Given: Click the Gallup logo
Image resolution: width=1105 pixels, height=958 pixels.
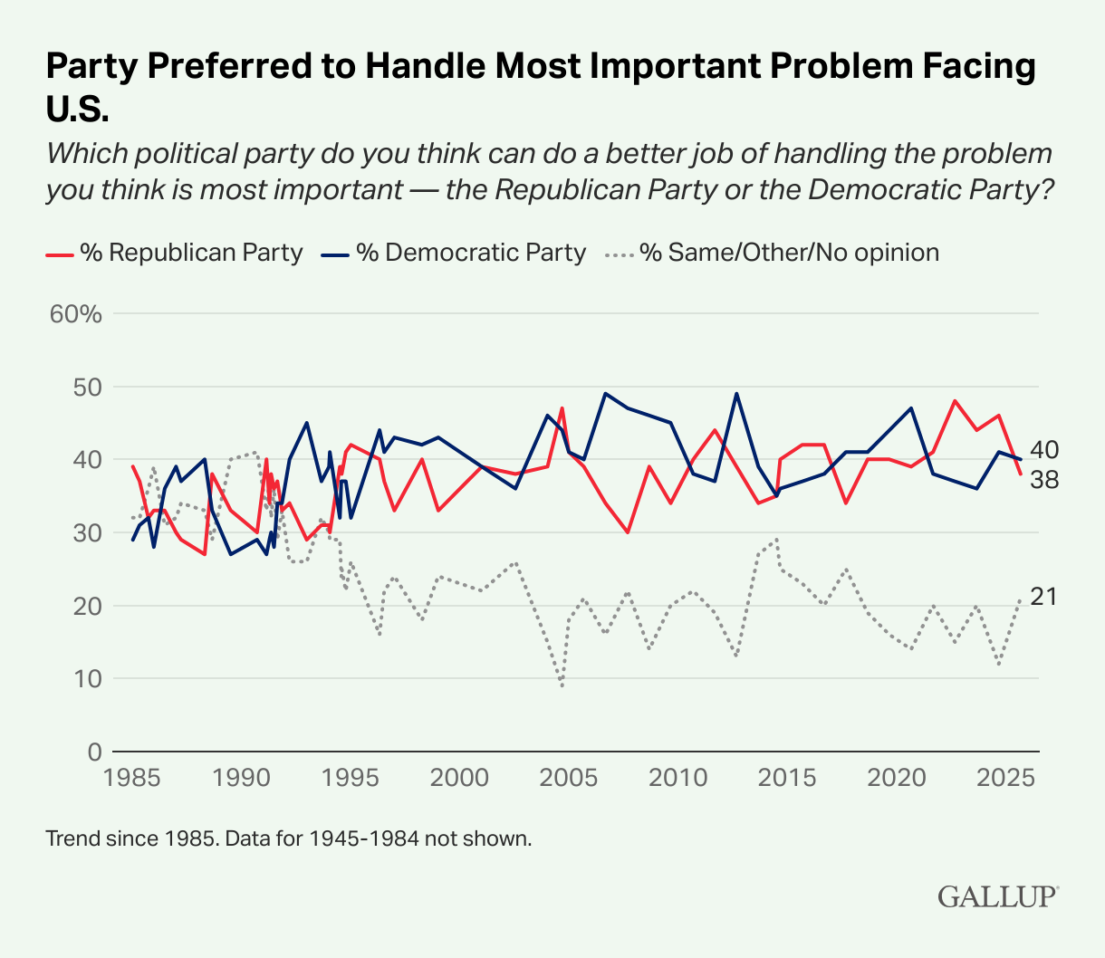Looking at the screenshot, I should coord(997,896).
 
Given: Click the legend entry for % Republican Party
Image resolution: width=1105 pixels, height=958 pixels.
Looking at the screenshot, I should coord(174,253).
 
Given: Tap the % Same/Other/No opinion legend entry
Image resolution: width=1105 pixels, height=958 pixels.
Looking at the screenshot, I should coord(772,253).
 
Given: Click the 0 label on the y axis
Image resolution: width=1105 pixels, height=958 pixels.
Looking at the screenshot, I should coord(93,752).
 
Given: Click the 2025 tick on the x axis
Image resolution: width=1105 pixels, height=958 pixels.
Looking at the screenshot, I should coord(1004,778).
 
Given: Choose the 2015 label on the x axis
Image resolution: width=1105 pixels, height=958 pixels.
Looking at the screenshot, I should coord(785,778).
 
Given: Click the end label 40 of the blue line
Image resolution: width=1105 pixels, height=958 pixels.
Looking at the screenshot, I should coord(1043,450).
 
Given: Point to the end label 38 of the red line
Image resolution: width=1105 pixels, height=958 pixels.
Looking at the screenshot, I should coord(1043,480).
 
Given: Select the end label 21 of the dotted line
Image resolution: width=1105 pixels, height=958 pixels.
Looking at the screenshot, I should coord(1043,597).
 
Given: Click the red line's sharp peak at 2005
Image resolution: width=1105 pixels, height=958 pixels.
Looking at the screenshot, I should coord(562,408).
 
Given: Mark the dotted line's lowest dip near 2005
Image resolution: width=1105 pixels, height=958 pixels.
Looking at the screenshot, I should coord(562,685).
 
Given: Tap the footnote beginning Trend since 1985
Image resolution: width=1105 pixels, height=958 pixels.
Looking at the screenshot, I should coord(288,838).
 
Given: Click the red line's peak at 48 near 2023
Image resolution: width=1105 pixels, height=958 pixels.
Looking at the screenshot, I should coord(955,400).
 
